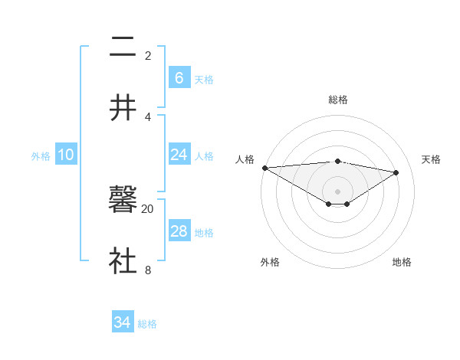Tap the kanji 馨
pos(123,201)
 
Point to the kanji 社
pos(123,260)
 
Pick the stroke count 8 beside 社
pos(147,269)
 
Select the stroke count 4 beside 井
pos(147,116)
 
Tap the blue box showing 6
pos(179,78)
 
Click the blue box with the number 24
pos(179,155)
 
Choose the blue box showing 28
pos(179,231)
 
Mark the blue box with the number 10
pos(66,155)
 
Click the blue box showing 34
pos(122,322)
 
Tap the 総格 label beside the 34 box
pos(147,324)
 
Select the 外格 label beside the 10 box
pos(41,156)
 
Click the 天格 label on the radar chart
pos(431,159)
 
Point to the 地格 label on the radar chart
pos(402,262)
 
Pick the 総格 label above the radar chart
pos(337,100)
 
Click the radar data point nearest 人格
pos(264,168)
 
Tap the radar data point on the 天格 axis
pos(396,172)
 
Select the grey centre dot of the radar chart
pos(337,191)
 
